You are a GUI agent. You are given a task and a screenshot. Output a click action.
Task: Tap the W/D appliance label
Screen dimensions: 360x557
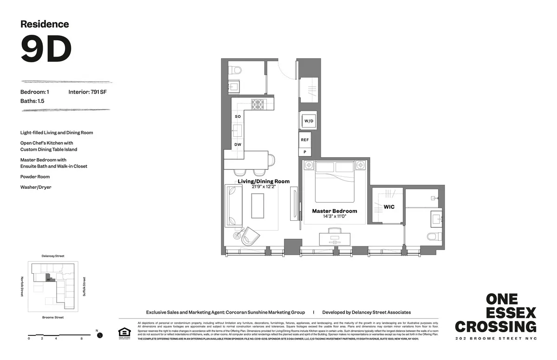coord(309,121)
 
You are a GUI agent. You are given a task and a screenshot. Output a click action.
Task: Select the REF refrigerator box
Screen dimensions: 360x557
coord(304,140)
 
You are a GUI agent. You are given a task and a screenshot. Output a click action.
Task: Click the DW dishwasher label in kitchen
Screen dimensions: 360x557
coord(237,144)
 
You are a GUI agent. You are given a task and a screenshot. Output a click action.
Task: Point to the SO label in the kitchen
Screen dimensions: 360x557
coord(237,116)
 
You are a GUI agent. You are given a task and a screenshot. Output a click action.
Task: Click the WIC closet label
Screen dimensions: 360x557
coord(389,206)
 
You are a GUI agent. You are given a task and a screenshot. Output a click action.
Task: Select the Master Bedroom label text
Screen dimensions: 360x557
coord(334,211)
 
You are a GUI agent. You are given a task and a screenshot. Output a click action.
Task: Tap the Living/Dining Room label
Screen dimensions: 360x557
coord(264,181)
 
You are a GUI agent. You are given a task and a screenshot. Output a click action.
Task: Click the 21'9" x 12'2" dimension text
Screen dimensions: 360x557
coord(264,186)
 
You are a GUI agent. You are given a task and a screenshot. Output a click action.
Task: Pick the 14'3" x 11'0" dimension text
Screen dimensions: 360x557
coord(334,216)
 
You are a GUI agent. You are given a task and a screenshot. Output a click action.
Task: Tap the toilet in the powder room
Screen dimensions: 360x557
coord(237,71)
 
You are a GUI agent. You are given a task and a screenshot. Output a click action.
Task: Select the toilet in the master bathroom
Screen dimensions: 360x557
coord(432,237)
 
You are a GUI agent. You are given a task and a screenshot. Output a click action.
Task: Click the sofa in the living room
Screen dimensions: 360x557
coord(233,206)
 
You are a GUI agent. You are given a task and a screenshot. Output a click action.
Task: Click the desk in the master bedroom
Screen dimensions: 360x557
coord(334,238)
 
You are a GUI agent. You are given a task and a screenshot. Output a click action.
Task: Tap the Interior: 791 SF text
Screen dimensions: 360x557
coord(88,92)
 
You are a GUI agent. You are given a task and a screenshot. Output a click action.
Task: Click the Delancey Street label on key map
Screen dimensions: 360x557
coord(52,256)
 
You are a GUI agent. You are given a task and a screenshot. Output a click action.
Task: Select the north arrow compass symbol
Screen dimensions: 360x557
coord(99,335)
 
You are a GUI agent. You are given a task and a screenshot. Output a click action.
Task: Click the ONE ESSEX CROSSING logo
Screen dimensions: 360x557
coord(495,313)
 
